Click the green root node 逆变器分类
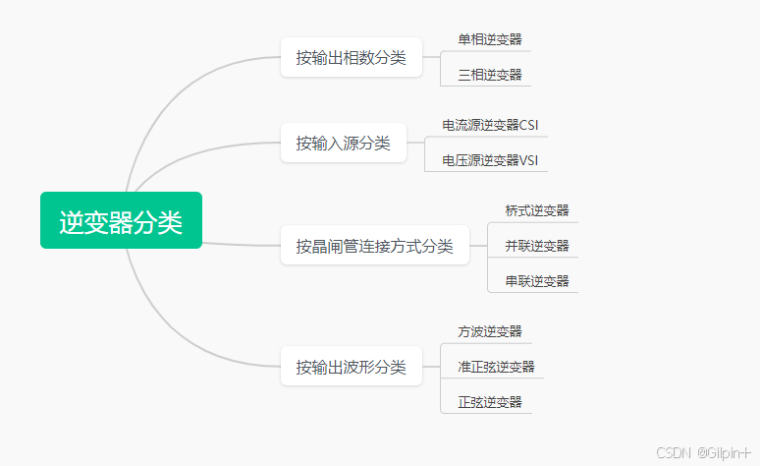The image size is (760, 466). (x=121, y=221)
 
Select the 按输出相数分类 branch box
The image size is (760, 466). (x=351, y=57)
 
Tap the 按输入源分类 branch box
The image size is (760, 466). (x=343, y=144)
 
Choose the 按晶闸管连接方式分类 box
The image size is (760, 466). (x=374, y=246)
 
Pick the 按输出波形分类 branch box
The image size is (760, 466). (x=351, y=368)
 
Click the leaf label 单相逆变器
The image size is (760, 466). (x=489, y=39)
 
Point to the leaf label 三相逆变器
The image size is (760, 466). (x=489, y=75)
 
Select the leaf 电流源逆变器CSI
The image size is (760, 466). (x=489, y=125)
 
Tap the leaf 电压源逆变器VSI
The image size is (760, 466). (x=489, y=160)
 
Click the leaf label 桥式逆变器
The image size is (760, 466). (x=536, y=210)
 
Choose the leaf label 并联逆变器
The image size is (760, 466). (x=536, y=246)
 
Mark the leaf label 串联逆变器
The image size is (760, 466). (x=536, y=281)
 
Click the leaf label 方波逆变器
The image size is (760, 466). (x=489, y=331)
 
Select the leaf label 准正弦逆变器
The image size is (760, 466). (x=496, y=367)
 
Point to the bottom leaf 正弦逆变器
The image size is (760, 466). (x=489, y=402)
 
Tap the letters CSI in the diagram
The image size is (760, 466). (x=528, y=125)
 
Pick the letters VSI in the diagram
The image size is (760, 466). (x=528, y=160)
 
